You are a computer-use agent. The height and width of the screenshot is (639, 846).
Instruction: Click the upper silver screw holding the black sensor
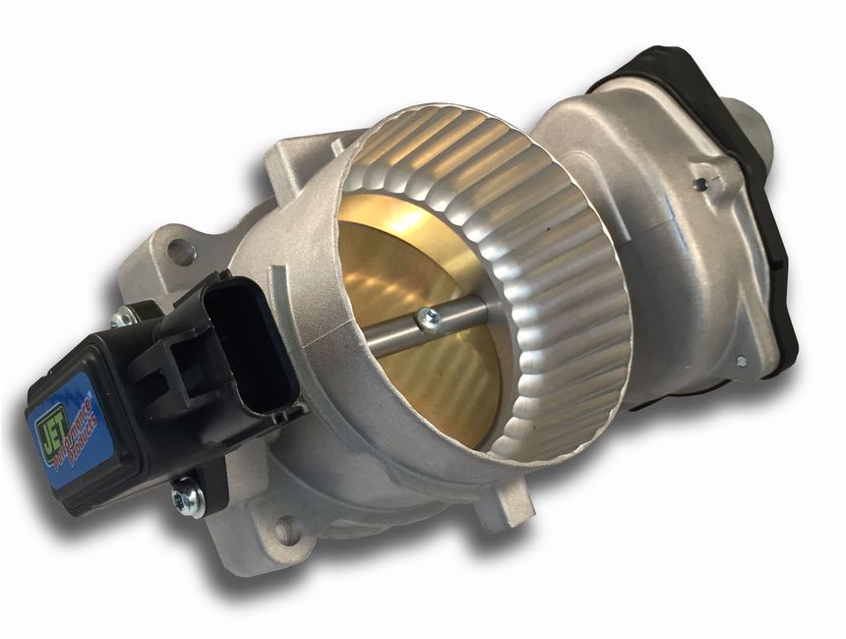point(122,318)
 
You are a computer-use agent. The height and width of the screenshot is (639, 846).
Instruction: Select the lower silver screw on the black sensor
point(188,497)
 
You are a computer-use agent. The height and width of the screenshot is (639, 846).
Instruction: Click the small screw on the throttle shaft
point(428,318)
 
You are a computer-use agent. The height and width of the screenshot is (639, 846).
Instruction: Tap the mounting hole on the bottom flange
point(286,531)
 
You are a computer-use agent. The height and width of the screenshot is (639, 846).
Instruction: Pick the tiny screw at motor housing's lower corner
point(740,362)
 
